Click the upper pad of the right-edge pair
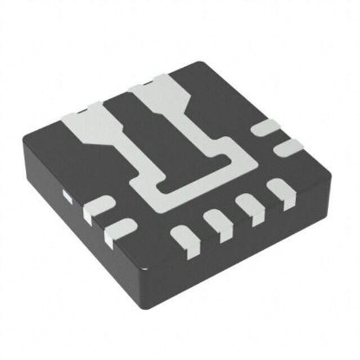263,129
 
